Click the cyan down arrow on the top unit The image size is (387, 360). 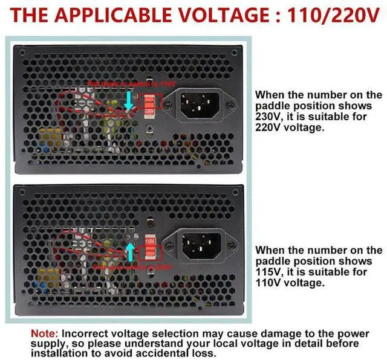click(128, 100)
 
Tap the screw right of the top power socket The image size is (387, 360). click(229, 105)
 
